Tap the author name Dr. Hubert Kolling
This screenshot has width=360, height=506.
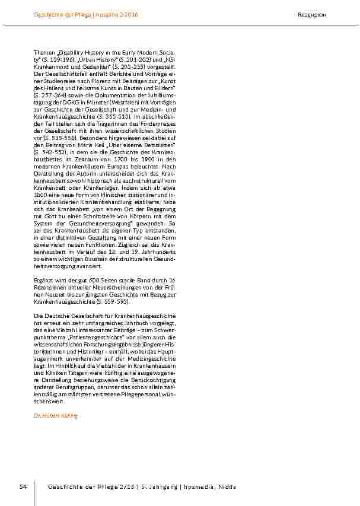coord(56,416)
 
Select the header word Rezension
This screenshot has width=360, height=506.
coord(312,15)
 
